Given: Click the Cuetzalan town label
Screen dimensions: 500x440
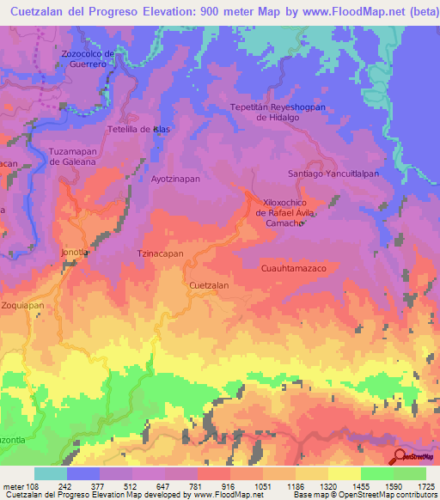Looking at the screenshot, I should (208, 284).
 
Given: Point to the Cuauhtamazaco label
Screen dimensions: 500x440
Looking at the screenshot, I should (294, 269).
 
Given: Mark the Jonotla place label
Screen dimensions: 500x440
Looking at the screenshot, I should (75, 253).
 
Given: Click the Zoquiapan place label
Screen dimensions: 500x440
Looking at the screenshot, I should (22, 305).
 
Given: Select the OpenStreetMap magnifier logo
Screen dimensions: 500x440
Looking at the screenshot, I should (400, 457).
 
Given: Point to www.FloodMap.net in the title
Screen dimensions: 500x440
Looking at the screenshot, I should (333, 9).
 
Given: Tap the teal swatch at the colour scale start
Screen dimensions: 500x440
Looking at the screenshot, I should (50, 473).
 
